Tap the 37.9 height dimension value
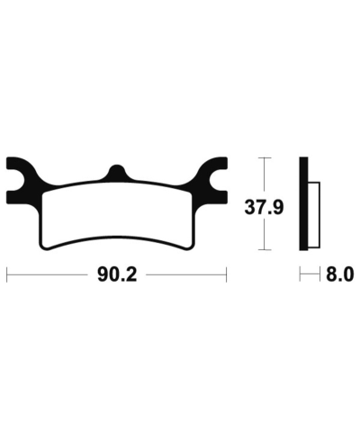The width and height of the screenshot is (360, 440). pyautogui.click(x=265, y=207)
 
